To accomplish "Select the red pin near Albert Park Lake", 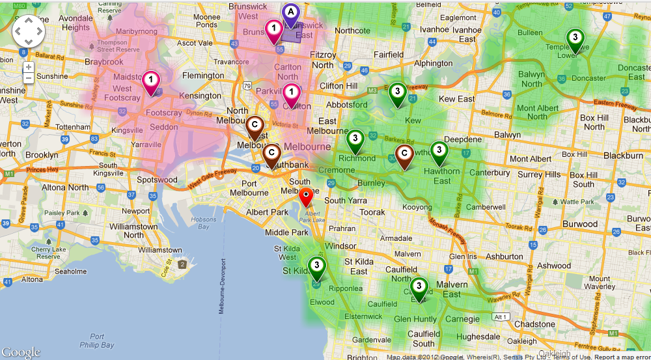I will [305, 195].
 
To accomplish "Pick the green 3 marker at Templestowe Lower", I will [575, 38].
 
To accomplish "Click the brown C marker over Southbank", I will [271, 155].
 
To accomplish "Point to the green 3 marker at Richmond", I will [355, 139].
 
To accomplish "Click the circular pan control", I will [28, 31].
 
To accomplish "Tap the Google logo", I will [21, 352].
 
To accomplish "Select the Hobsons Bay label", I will [203, 223].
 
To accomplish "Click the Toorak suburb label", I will [372, 212].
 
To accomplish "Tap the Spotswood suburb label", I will [157, 180].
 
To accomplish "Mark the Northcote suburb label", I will [352, 31].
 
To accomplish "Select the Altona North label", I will [64, 187].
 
